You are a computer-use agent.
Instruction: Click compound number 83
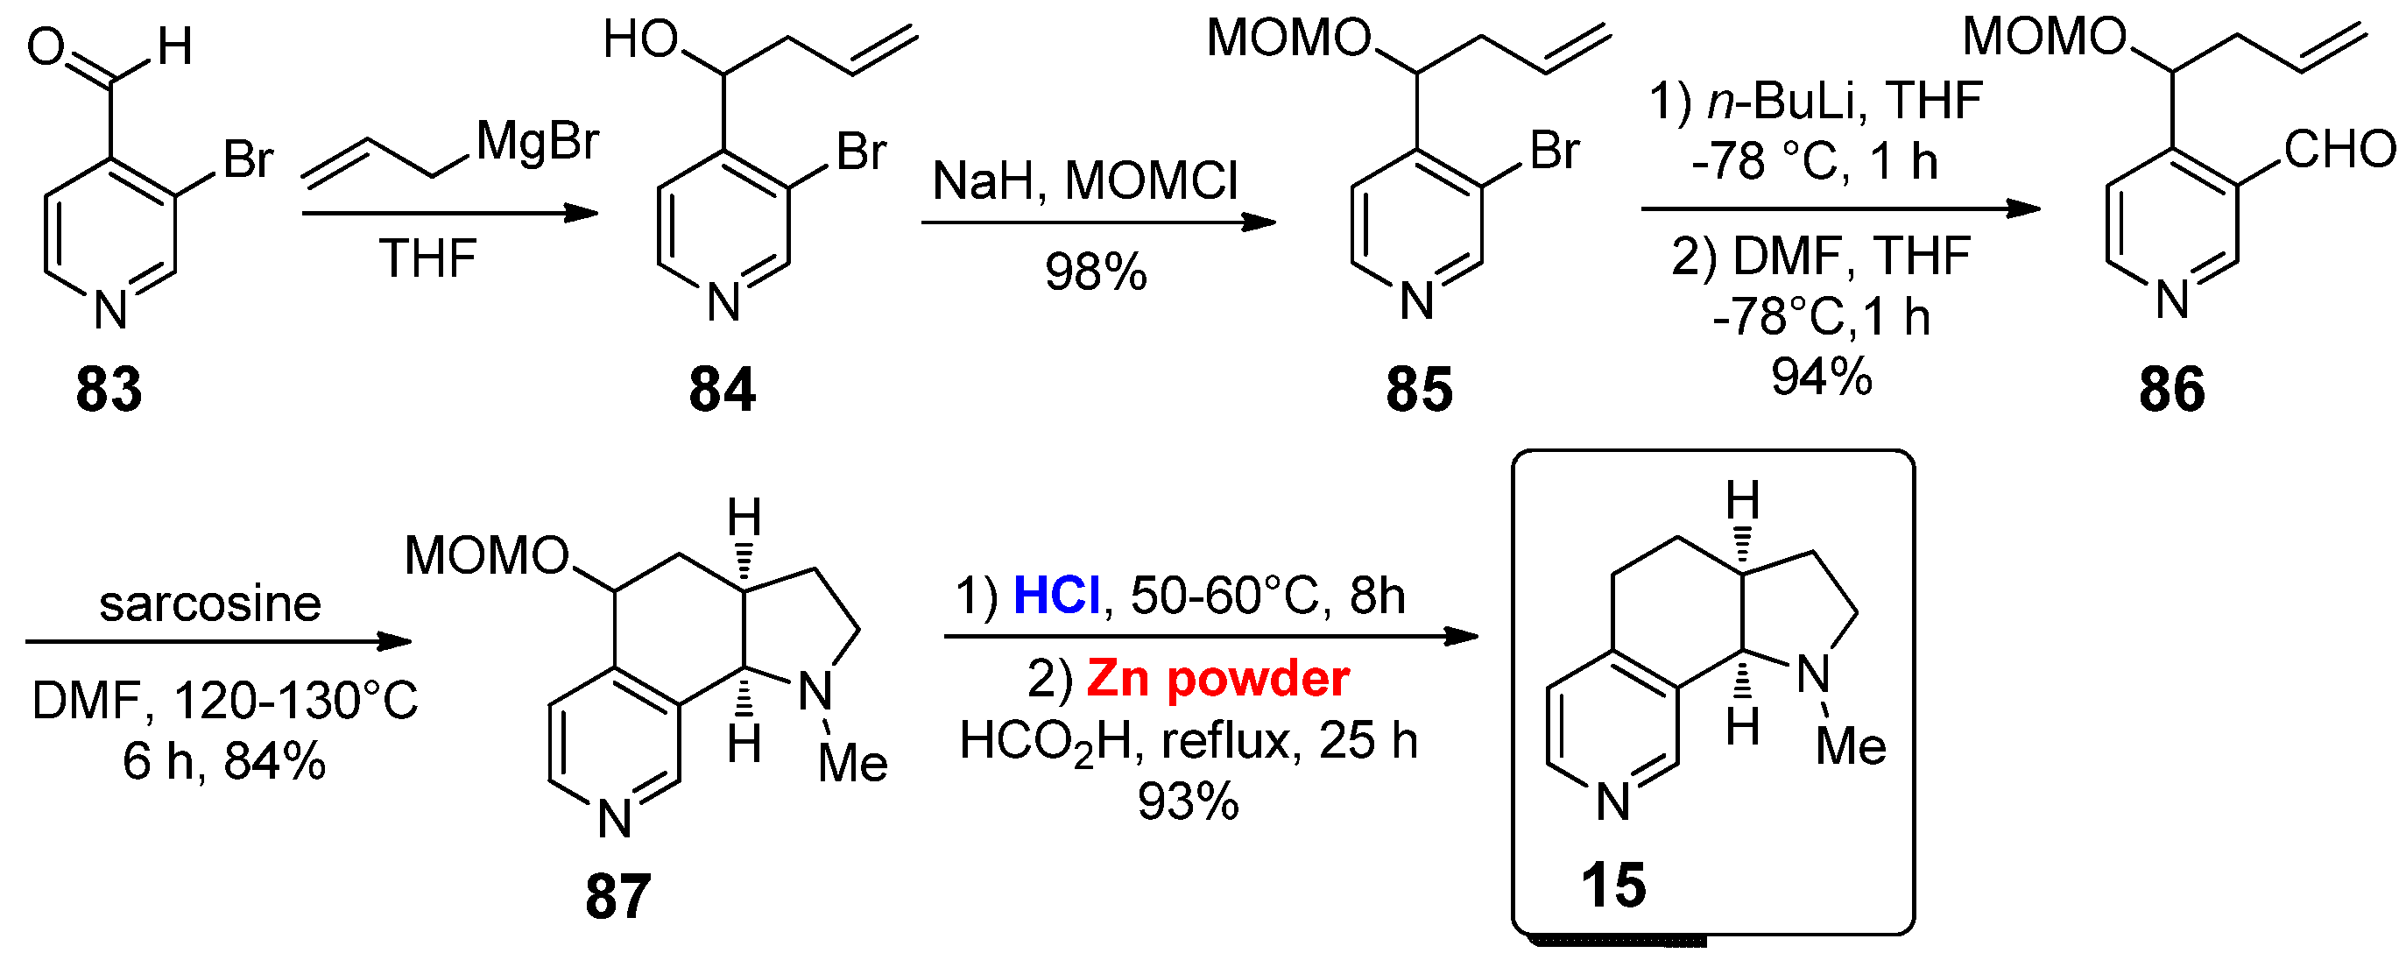[109, 389]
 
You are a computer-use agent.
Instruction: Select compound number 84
[721, 389]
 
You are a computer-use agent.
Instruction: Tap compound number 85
[1419, 389]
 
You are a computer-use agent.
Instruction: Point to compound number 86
[2171, 389]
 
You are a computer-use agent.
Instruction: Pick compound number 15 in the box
[1613, 885]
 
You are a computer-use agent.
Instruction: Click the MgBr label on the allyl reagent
[537, 143]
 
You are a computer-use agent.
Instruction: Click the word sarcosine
[210, 604]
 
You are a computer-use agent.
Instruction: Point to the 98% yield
[1096, 272]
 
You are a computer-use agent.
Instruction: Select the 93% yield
[1188, 801]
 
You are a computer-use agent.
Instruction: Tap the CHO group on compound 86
[2339, 150]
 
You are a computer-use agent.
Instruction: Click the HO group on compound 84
[641, 41]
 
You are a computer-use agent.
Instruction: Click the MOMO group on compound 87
[487, 557]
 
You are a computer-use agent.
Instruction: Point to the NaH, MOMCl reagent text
[1085, 180]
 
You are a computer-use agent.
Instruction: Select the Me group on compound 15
[1851, 745]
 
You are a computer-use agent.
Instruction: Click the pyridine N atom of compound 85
[1417, 300]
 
